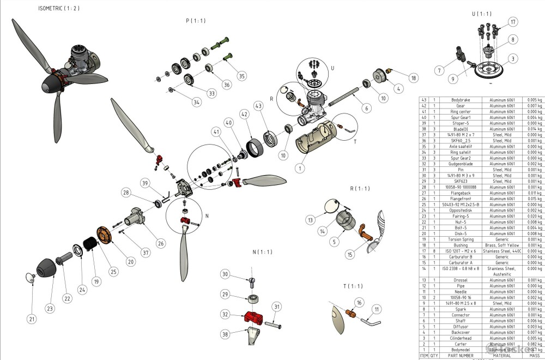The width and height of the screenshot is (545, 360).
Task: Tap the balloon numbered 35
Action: [241, 76]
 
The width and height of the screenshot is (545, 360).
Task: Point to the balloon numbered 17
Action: [512, 22]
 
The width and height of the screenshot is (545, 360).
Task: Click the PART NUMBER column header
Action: [459, 355]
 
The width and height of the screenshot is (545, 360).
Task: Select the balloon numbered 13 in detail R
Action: [310, 219]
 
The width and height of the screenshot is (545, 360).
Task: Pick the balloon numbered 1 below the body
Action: [299, 168]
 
